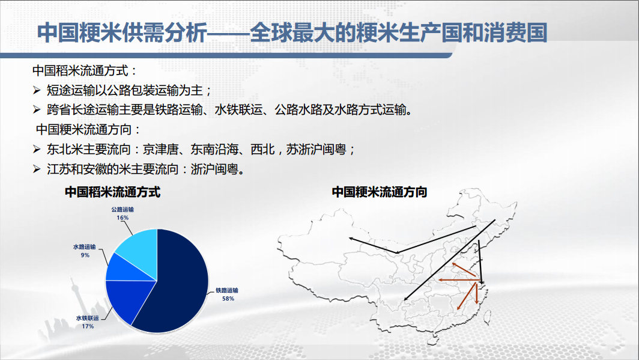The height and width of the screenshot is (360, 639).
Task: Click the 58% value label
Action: click(x=228, y=299)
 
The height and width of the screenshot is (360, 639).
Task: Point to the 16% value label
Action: click(x=123, y=218)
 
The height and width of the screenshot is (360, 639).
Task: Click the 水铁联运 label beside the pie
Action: click(x=87, y=318)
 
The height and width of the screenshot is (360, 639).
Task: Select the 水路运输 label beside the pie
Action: click(x=84, y=246)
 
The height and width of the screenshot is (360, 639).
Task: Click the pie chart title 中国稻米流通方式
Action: click(x=112, y=192)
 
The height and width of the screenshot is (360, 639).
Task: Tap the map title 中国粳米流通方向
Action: click(x=380, y=192)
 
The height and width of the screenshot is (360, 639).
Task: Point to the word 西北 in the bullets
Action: click(x=262, y=149)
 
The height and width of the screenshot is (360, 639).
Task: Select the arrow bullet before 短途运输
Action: click(x=37, y=90)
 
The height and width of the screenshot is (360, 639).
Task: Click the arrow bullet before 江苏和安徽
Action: click(x=37, y=169)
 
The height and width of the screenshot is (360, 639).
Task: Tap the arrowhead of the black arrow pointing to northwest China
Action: click(x=351, y=238)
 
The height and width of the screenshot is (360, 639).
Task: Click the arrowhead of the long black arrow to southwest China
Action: click(x=405, y=300)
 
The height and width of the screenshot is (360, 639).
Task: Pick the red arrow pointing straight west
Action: click(x=457, y=280)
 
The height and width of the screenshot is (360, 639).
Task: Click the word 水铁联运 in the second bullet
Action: click(x=238, y=110)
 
